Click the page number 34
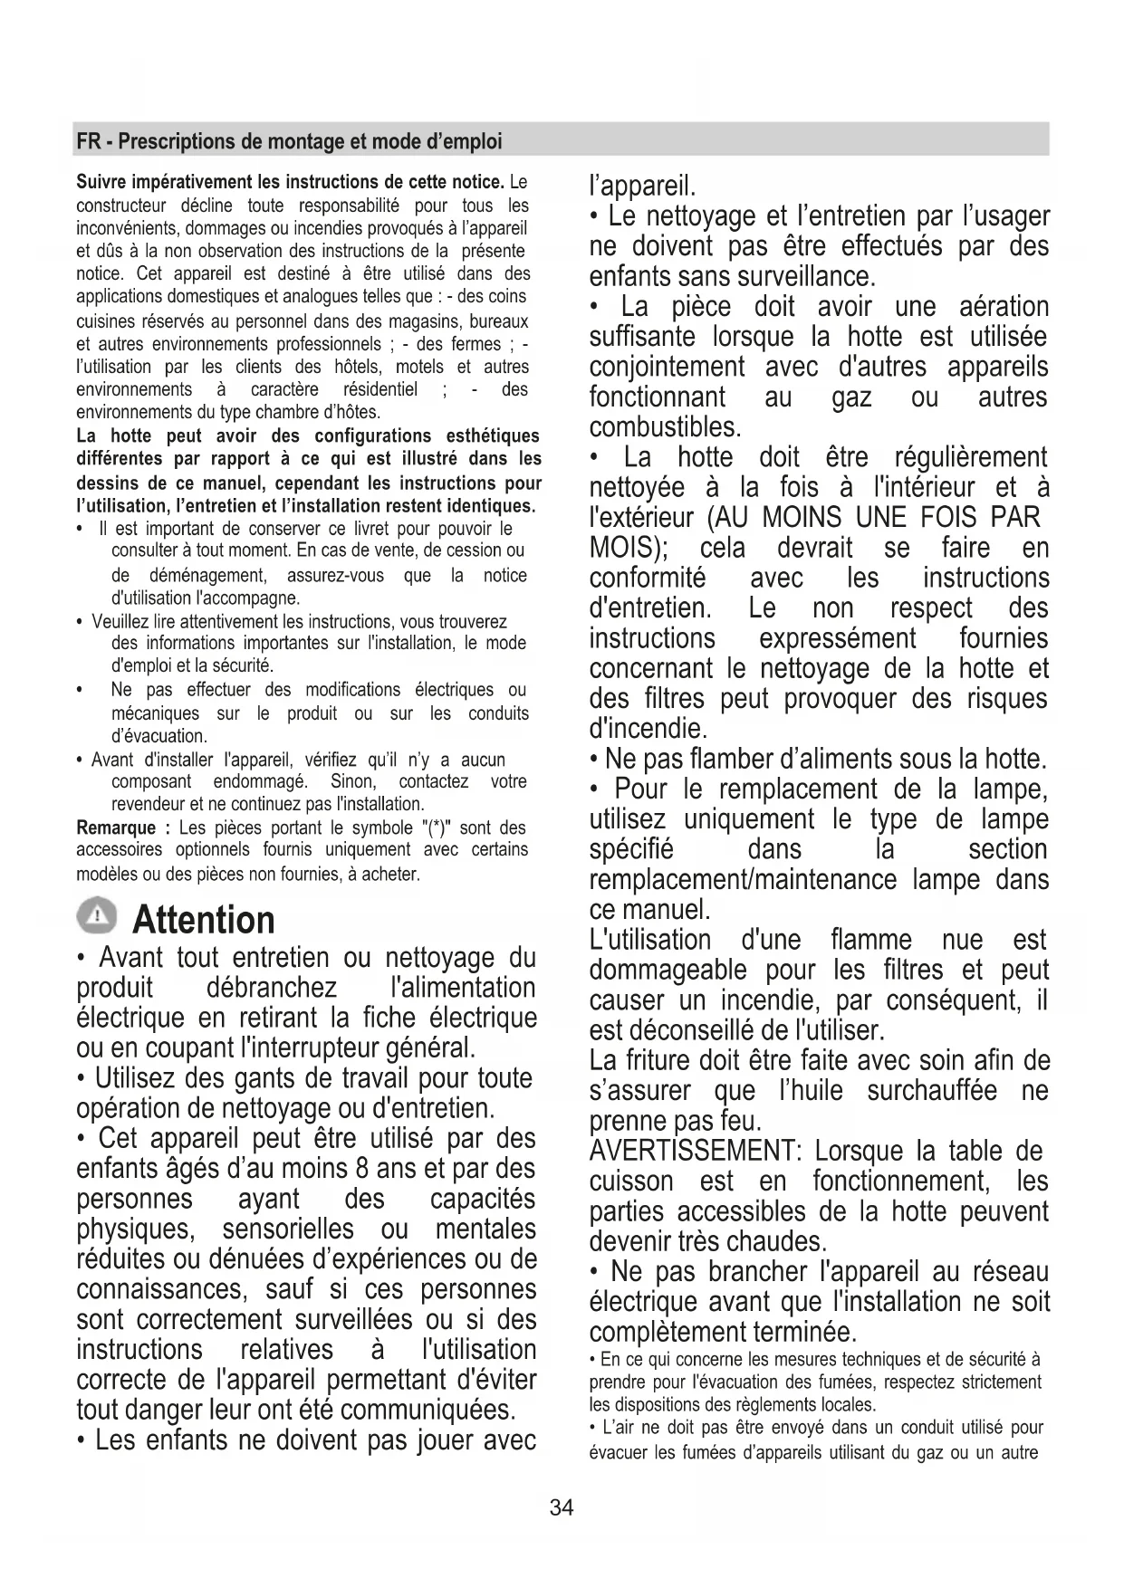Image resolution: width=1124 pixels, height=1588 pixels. coord(562,1507)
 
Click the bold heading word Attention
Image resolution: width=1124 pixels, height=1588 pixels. coord(204,920)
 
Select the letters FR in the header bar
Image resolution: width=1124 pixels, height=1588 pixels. coord(88,141)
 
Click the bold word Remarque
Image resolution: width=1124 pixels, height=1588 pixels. coord(116,827)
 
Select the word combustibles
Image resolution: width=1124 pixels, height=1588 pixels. coord(665,426)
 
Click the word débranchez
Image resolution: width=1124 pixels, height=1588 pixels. coord(272,988)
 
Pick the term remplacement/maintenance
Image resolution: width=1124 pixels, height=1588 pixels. coord(744,880)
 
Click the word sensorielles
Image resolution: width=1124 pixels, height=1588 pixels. coord(288,1229)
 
